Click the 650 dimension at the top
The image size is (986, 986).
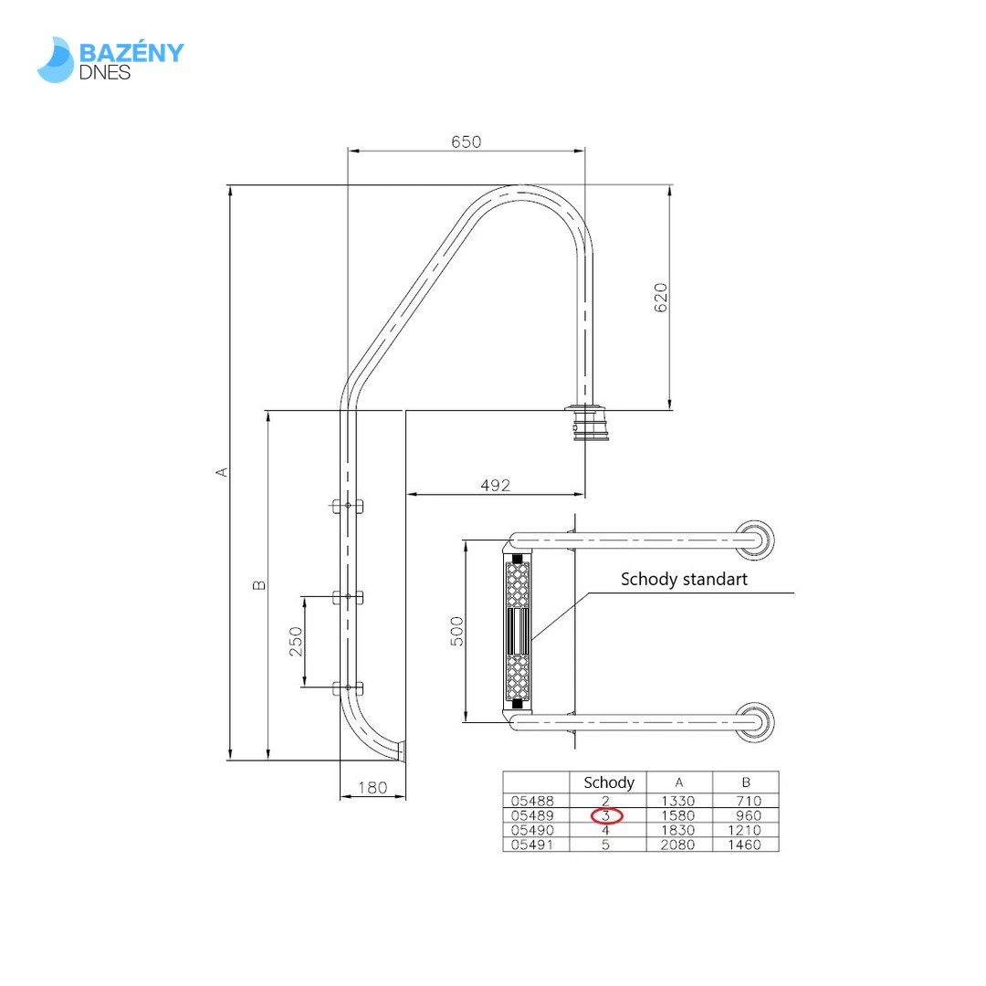(x=466, y=142)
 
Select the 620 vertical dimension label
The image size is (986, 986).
(x=661, y=298)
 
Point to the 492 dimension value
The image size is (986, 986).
(x=495, y=485)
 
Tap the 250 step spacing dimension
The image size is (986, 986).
(x=296, y=642)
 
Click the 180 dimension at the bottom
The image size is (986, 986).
(x=372, y=787)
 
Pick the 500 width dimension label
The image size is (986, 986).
(x=457, y=630)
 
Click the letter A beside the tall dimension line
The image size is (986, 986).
(x=220, y=472)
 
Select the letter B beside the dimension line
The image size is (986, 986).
(x=259, y=584)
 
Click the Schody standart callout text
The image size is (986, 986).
(x=684, y=579)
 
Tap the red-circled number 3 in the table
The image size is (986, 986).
(x=607, y=815)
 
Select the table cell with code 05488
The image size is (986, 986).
(x=535, y=801)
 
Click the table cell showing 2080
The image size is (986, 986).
(x=678, y=844)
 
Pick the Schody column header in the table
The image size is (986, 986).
(x=608, y=782)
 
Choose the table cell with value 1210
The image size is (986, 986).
(x=745, y=830)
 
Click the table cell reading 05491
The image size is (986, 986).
(x=535, y=844)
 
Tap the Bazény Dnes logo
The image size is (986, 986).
(x=110, y=59)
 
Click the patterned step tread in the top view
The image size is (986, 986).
(x=517, y=630)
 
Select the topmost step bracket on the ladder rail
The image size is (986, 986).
(x=347, y=506)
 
